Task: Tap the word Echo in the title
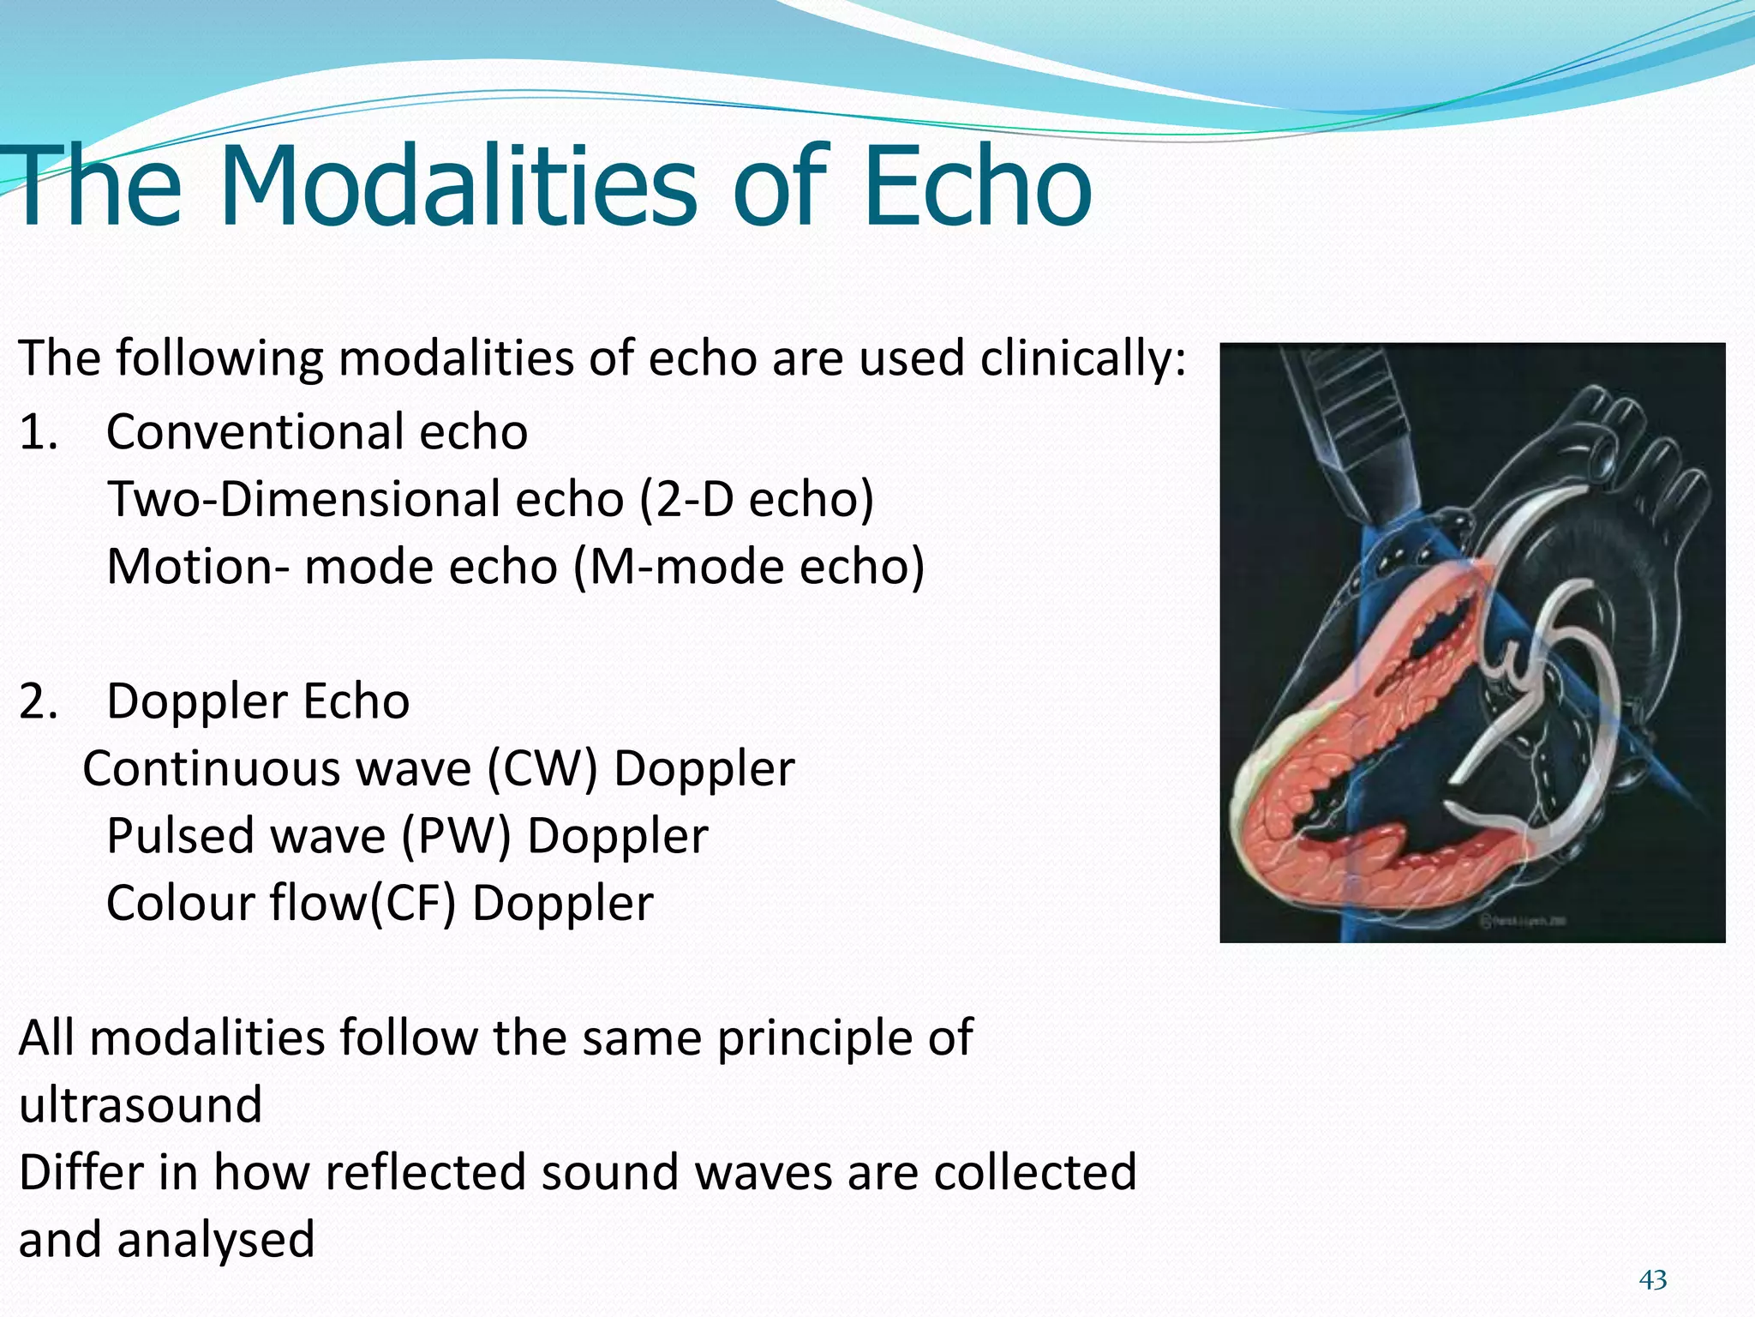(x=977, y=187)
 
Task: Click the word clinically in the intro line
(x=1083, y=358)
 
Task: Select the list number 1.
(x=38, y=432)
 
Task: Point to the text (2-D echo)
(x=756, y=500)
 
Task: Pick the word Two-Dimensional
(x=365, y=500)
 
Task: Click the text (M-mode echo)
(x=749, y=567)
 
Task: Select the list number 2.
(x=38, y=701)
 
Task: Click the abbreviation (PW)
(x=456, y=836)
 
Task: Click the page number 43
(x=1652, y=1281)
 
